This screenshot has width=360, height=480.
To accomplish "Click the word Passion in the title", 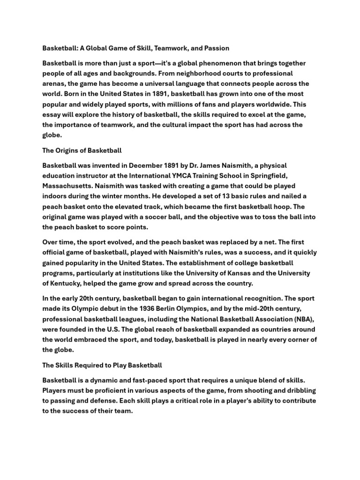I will [215, 48].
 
